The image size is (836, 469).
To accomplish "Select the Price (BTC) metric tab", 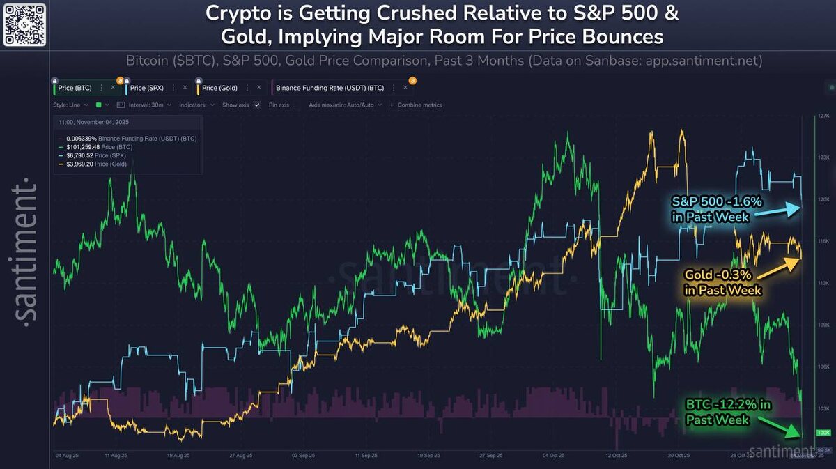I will [x=75, y=88].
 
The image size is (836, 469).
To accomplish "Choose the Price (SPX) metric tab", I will [x=148, y=88].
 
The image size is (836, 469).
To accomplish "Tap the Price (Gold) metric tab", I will [x=219, y=88].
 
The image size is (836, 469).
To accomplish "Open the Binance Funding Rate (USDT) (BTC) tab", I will [x=330, y=89].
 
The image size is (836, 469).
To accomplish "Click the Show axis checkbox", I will [x=257, y=105].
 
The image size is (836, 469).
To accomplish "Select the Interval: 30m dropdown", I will [x=143, y=105].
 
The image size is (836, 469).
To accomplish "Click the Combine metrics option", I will [x=419, y=105].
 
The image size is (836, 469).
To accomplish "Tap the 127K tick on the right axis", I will [x=823, y=116].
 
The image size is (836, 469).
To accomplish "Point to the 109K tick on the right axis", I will [x=823, y=325].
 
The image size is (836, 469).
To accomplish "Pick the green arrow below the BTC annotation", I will [x=778, y=426].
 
